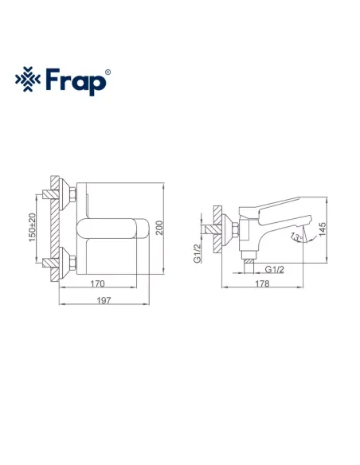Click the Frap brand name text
click(x=78, y=80)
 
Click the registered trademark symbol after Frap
click(x=108, y=72)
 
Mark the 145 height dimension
click(x=323, y=229)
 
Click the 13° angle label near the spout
click(x=295, y=236)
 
